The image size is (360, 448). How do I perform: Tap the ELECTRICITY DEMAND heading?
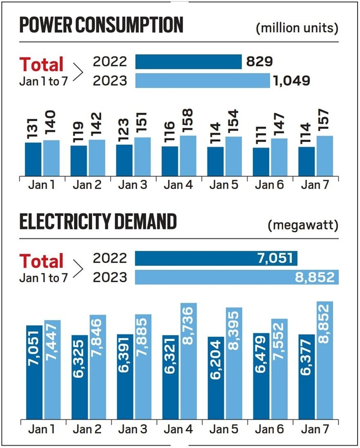[98, 222]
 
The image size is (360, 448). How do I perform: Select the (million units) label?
[297, 28]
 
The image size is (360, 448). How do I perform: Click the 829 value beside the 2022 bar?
[259, 62]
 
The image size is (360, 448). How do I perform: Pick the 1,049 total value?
[291, 81]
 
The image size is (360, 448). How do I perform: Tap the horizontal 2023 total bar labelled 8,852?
[237, 277]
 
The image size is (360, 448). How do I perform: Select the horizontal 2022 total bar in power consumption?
[189, 62]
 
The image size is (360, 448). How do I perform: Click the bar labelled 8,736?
[188, 361]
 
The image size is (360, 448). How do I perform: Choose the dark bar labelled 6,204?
[216, 378]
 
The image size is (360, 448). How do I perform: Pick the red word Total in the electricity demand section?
[41, 261]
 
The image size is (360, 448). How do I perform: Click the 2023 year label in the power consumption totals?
[111, 81]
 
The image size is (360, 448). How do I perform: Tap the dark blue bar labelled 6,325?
[79, 377]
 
